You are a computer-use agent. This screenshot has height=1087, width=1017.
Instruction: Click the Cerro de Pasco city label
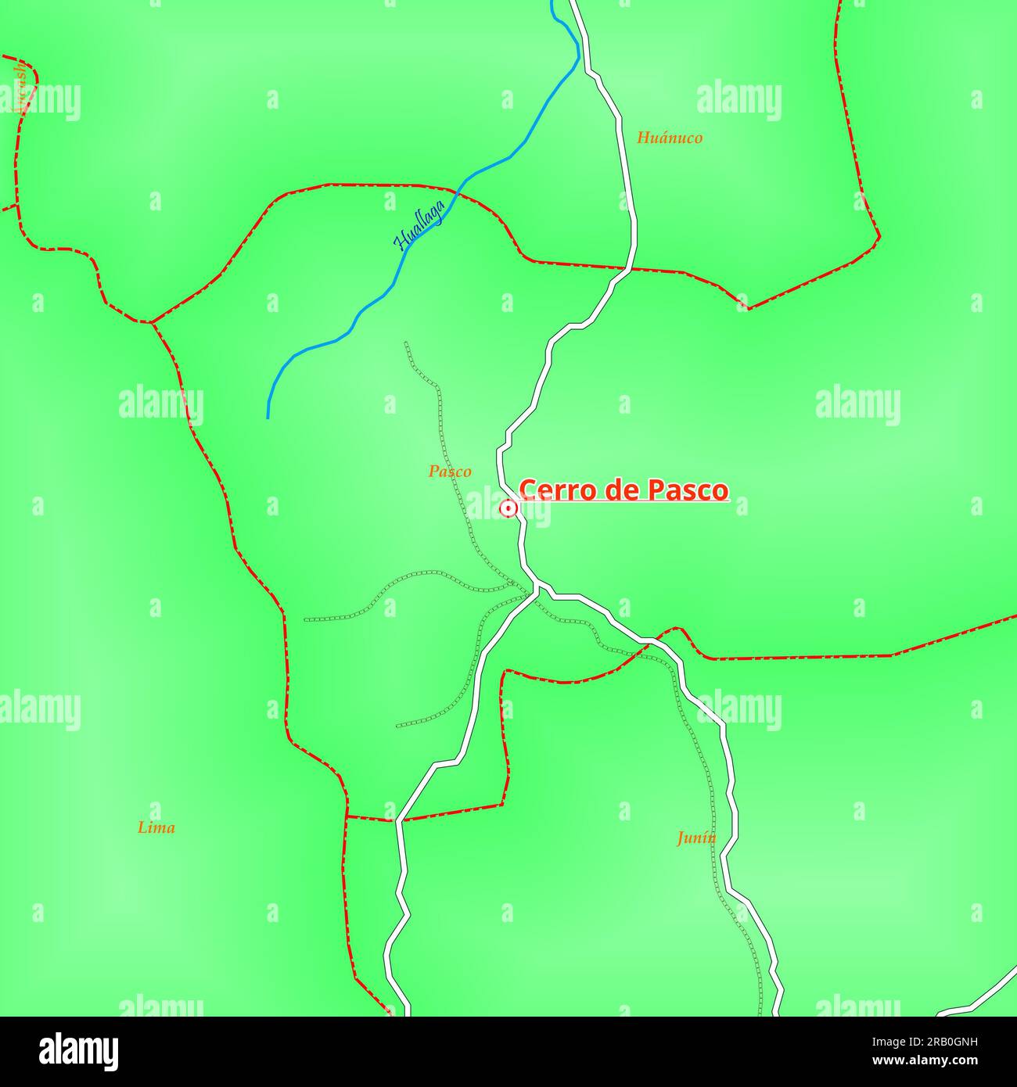pos(623,490)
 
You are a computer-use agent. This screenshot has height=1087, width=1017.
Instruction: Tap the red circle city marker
pos(508,509)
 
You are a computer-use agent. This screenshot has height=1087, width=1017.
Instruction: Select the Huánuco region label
pos(670,138)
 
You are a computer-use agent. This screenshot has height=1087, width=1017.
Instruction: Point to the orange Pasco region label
pos(450,472)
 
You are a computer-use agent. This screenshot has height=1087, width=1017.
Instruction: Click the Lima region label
pos(156,827)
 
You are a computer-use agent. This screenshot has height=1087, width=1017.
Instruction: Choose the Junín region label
pos(696,838)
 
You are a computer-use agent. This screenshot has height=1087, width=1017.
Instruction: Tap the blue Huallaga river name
pos(419,225)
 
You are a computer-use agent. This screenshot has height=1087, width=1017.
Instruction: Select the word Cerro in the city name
pos(552,490)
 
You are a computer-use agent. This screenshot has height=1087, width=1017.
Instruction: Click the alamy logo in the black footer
pos(78,1052)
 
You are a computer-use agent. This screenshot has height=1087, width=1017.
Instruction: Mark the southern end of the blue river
pos(268,417)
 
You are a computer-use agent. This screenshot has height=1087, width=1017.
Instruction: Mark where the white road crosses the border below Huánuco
pos(630,268)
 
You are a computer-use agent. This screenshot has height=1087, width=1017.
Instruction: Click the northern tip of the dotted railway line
pos(405,343)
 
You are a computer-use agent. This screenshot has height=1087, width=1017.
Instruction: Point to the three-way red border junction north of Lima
pos(150,321)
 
